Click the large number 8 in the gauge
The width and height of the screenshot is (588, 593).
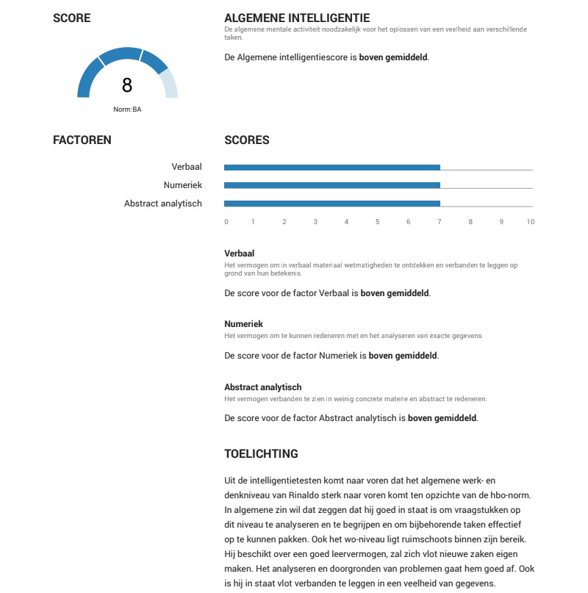(127, 85)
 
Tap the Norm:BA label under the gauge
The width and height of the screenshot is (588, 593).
(127, 109)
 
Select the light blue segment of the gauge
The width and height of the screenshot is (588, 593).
(168, 82)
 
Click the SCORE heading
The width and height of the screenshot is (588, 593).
(72, 18)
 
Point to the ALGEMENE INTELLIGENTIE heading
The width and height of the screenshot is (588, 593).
(297, 18)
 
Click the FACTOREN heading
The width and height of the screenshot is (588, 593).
(82, 140)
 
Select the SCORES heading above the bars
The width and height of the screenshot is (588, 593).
(247, 140)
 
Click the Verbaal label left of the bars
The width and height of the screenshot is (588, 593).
(187, 168)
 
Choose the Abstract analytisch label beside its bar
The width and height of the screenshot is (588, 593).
(163, 204)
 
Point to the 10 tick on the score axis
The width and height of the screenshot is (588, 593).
(530, 222)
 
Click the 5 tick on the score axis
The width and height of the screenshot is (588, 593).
(378, 222)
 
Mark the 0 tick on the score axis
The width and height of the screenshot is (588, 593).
(226, 222)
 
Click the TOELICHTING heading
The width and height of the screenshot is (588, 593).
(261, 454)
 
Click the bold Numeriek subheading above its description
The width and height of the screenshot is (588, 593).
(243, 324)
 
